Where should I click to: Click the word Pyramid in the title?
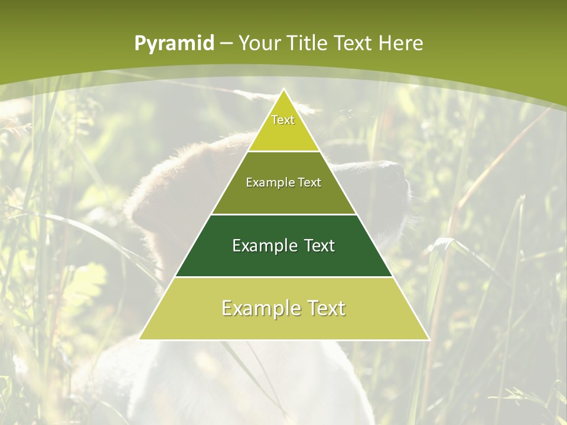(x=174, y=44)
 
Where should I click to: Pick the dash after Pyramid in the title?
(x=226, y=44)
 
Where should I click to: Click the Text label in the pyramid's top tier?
(x=283, y=120)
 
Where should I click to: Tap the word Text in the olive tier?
(x=309, y=182)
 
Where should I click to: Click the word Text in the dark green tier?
(x=320, y=246)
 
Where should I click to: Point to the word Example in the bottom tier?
(x=258, y=308)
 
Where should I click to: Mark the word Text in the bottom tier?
(x=325, y=308)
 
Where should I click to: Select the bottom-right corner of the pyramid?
(x=428, y=339)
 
